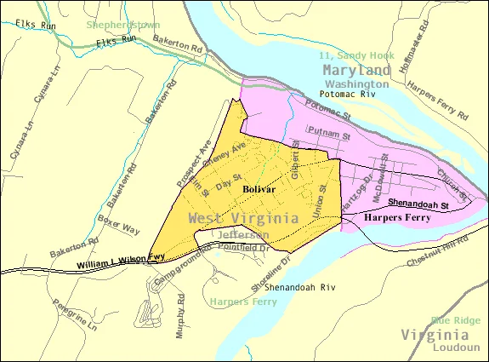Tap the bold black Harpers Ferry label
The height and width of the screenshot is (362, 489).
click(x=396, y=218)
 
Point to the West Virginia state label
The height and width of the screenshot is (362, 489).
click(x=243, y=219)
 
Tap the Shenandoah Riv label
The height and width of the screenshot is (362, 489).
click(x=299, y=288)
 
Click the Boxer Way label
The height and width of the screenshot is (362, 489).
click(x=118, y=229)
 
